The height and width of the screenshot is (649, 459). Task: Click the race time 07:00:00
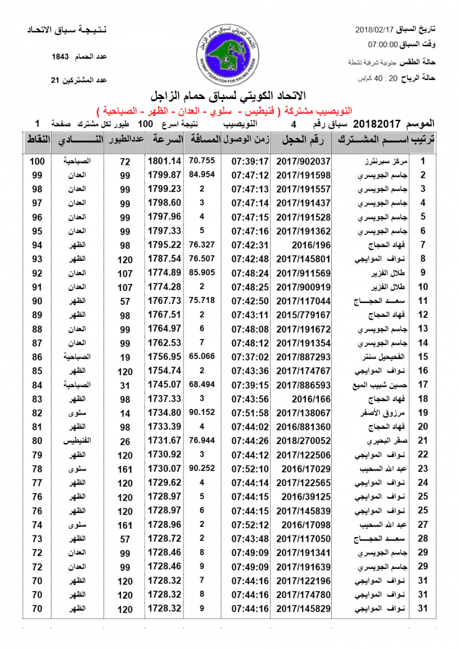tap(383, 44)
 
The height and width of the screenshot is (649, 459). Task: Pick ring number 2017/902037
tap(303, 161)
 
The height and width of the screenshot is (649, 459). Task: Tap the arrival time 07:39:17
tap(250, 161)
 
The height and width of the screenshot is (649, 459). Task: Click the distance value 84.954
tap(202, 175)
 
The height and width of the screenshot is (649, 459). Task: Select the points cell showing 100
tap(37, 161)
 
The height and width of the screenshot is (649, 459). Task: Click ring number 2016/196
tap(303, 245)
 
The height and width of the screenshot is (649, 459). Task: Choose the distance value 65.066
tap(202, 357)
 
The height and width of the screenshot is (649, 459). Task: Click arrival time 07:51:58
tap(250, 413)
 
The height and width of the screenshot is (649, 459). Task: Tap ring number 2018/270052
tap(303, 441)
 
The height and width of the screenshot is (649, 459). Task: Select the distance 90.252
tap(202, 469)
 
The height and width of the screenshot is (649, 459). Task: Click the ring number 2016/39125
tap(303, 497)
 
